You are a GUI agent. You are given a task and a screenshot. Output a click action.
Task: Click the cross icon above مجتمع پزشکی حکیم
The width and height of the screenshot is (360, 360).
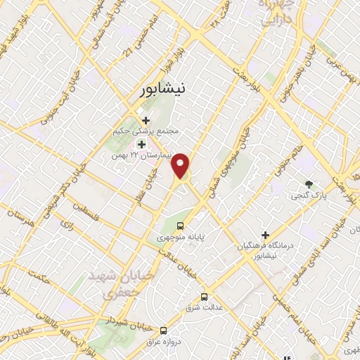tap(146, 121)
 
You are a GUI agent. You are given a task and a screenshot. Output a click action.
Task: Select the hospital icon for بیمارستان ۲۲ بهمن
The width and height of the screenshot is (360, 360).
tap(141, 144)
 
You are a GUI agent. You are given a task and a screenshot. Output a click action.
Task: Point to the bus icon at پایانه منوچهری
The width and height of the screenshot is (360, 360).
tap(181, 226)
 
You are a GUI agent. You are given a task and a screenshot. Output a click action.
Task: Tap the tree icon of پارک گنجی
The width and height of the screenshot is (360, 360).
tap(309, 184)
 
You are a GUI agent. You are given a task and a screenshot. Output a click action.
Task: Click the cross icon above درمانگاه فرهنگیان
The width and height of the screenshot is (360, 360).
tap(266, 235)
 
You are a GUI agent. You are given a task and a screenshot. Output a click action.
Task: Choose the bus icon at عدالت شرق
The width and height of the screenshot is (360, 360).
tap(204, 297)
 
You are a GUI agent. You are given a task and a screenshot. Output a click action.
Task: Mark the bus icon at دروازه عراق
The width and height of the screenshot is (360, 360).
tap(164, 330)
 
